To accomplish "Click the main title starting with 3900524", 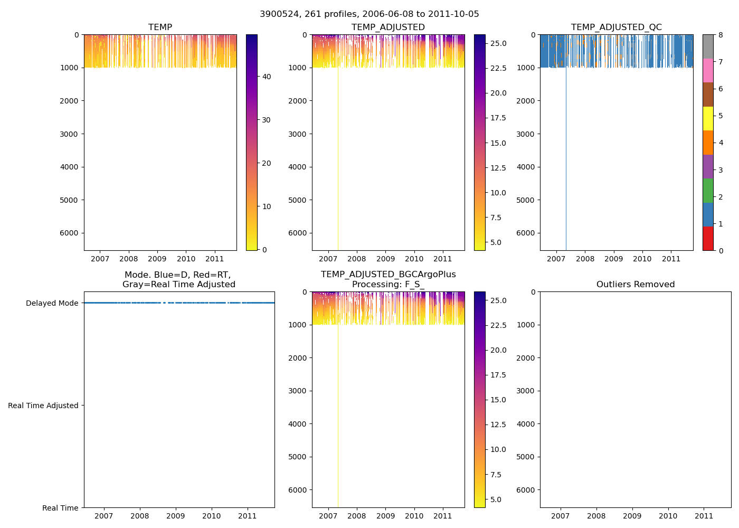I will click(x=369, y=14).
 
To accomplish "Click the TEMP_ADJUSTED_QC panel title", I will click(x=616, y=27).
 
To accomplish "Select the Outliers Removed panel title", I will click(x=635, y=285).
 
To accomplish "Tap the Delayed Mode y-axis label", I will click(x=52, y=303).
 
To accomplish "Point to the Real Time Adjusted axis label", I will click(x=43, y=406).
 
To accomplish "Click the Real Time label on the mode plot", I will click(x=60, y=508).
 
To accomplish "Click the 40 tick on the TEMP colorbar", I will click(x=267, y=77).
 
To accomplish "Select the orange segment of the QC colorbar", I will click(x=708, y=143).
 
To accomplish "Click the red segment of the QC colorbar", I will click(x=708, y=239).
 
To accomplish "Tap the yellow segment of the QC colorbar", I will click(x=708, y=118).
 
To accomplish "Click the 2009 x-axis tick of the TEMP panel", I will click(x=157, y=259).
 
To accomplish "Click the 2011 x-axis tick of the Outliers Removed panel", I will click(x=704, y=516).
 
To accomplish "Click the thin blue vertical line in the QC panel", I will click(x=566, y=158).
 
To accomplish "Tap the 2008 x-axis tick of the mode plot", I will click(x=139, y=516).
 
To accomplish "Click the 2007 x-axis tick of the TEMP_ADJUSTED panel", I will click(x=328, y=259).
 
